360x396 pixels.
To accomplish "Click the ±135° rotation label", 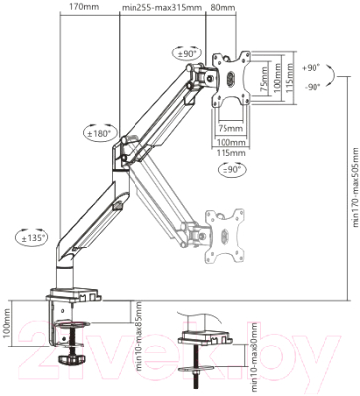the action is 31,237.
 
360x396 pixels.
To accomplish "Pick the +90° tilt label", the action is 312,69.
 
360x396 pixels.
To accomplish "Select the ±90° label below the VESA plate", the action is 229,169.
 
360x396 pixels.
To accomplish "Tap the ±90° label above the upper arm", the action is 186,54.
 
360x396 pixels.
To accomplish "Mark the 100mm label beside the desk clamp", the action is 8,323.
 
